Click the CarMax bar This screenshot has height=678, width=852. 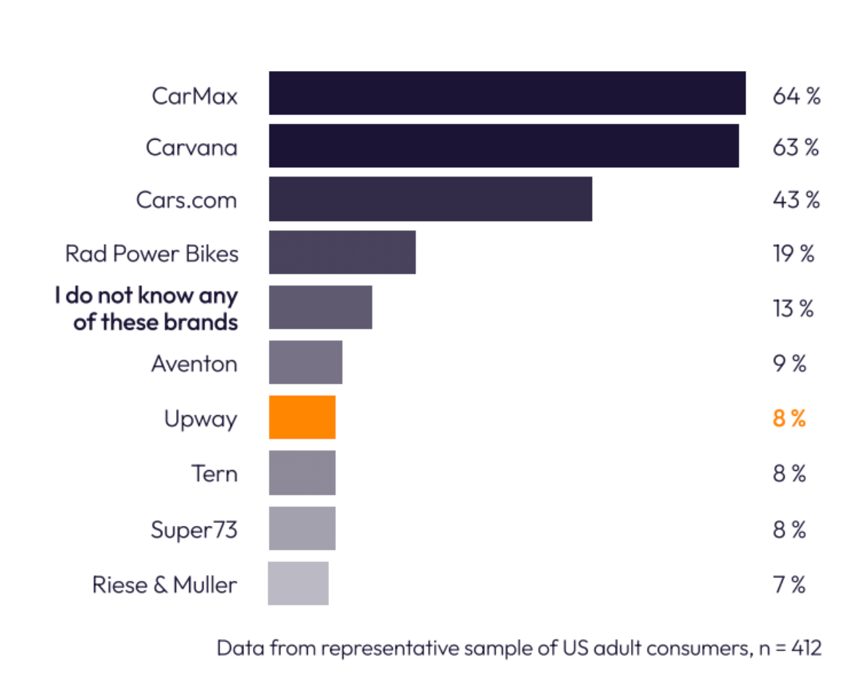pos(507,93)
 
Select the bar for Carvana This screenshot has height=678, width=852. pos(504,146)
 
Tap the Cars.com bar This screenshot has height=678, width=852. pos(430,198)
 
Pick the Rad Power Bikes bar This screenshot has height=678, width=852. pos(342,252)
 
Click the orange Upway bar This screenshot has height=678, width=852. pos(302,417)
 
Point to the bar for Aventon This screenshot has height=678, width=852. pos(305,362)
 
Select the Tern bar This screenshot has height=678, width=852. pos(302,473)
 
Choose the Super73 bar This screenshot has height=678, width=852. pos(302,528)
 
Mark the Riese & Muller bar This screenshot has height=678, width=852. pos(298,583)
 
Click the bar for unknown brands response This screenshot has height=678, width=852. pos(320,307)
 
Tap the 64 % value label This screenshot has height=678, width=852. pos(795,96)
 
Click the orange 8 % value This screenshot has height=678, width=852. pos(789,419)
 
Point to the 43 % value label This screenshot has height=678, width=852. pos(795,199)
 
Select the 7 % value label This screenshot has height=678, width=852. pos(789,584)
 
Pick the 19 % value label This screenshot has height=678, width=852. pos(793,254)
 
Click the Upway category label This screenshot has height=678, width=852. pos(201,419)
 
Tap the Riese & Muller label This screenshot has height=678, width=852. pos(164,584)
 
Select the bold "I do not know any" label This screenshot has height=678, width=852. pos(146,296)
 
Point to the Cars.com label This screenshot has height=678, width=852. pos(186,199)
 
